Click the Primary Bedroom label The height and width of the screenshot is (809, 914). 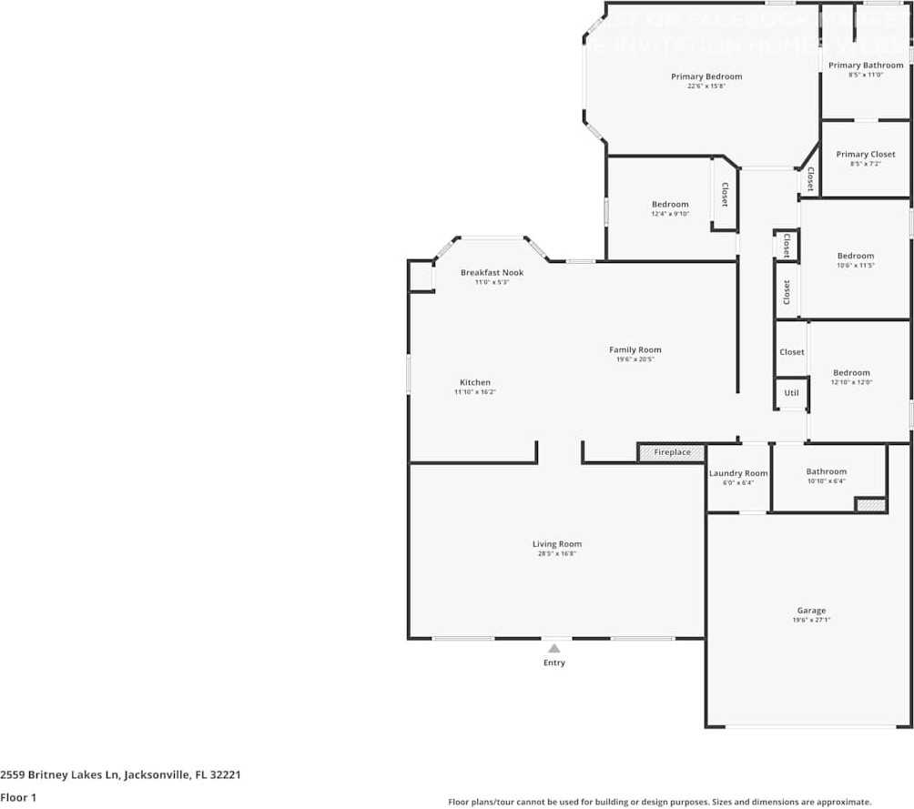click(x=706, y=76)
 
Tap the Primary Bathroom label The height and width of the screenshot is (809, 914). click(x=866, y=66)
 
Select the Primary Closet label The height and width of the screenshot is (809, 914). click(x=866, y=155)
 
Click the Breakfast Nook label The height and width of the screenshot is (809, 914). click(x=492, y=273)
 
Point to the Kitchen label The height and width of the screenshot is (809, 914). click(x=475, y=382)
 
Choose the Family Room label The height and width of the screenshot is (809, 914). click(x=635, y=349)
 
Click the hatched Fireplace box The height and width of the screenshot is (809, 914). click(x=672, y=452)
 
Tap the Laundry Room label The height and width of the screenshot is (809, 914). click(x=738, y=473)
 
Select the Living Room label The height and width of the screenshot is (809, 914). click(x=557, y=544)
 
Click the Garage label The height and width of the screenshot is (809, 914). click(x=812, y=611)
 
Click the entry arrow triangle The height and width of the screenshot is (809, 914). click(x=553, y=648)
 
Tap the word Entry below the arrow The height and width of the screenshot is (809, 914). click(x=554, y=662)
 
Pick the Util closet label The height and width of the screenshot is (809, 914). click(x=792, y=393)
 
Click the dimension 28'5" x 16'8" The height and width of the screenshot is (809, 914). click(x=557, y=553)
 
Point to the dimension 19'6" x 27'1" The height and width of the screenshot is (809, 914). click(x=812, y=620)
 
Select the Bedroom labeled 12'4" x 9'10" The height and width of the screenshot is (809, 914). click(x=670, y=205)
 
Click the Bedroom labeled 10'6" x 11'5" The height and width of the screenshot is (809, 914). click(x=856, y=256)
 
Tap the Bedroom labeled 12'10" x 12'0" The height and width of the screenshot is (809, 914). click(x=851, y=372)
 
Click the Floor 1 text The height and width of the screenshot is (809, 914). click(x=17, y=797)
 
